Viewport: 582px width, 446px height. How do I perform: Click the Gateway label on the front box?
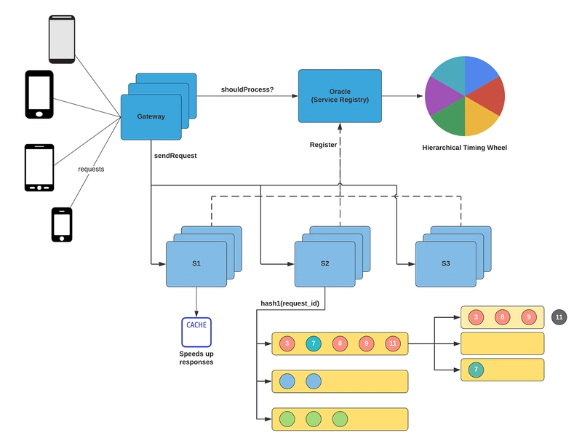(x=151, y=116)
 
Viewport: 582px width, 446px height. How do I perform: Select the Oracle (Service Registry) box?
(x=340, y=96)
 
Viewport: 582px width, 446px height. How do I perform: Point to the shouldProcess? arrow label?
(x=247, y=89)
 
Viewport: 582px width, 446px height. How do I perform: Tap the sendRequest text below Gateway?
(x=175, y=156)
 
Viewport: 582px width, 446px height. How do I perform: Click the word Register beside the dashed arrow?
(x=323, y=145)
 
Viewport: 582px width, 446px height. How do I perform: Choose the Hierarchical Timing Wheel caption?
(x=464, y=148)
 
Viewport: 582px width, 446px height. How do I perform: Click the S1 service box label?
(x=196, y=263)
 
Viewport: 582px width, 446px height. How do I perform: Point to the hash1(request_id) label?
(x=290, y=303)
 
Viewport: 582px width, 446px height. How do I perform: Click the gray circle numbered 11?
(x=559, y=316)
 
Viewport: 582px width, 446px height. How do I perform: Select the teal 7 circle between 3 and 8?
(x=313, y=343)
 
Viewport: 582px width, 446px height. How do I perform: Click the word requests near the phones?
(x=91, y=169)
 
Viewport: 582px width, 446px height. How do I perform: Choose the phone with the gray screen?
(x=62, y=39)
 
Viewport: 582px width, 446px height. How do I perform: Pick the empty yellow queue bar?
(x=503, y=343)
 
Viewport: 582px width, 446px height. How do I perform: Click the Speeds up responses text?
(x=196, y=358)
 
